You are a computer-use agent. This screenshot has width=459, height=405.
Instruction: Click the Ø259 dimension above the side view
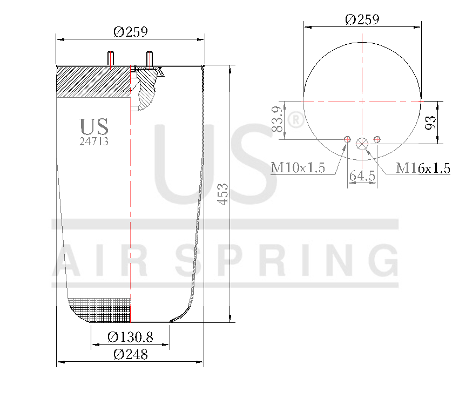click(130, 32)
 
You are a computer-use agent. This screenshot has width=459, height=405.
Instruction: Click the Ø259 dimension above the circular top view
click(362, 19)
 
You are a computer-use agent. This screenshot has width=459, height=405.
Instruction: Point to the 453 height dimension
click(222, 194)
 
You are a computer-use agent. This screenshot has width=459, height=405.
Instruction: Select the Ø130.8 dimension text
click(130, 337)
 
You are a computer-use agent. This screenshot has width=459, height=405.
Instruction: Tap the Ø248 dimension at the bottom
click(130, 355)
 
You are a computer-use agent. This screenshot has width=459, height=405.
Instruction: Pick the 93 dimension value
click(430, 123)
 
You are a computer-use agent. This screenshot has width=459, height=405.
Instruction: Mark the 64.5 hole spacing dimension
click(362, 176)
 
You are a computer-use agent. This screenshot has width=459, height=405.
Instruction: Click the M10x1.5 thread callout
click(298, 168)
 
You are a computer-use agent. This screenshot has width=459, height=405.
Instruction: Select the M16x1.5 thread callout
click(423, 168)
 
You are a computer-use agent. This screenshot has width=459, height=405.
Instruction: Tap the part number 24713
click(94, 142)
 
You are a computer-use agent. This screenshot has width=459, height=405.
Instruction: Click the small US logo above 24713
click(94, 127)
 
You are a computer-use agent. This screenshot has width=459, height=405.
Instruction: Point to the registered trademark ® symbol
click(296, 122)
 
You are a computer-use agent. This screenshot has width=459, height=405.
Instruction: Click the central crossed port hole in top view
click(362, 143)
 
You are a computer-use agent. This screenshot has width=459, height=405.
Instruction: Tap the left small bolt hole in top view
click(347, 140)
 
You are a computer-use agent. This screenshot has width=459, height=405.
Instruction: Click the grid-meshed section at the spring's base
click(103, 309)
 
